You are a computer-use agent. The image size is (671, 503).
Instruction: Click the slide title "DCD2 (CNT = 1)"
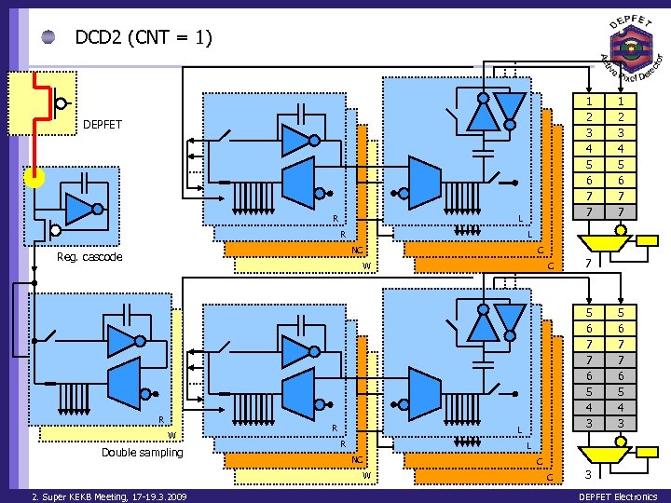pos(144,37)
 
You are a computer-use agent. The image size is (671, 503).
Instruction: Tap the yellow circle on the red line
pos(34,177)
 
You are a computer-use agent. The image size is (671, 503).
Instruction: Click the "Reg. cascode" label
pos(89,256)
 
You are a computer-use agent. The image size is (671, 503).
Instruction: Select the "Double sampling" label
pos(142,452)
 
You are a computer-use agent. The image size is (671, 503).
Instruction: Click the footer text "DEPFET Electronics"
pos(619,496)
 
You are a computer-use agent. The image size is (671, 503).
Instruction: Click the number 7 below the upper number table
pos(588,264)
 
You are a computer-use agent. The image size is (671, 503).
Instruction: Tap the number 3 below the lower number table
pos(588,475)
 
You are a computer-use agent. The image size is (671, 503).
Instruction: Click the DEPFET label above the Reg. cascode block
pos(102,124)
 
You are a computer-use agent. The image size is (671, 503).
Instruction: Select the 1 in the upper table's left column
pos(588,101)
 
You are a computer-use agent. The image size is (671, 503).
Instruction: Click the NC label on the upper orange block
pos(357,250)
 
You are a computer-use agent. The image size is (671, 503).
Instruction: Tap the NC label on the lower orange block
pos(357,460)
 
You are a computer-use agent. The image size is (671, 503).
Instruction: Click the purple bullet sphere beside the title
pos(48,38)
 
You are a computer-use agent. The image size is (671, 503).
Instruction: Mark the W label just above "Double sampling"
pos(171,435)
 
